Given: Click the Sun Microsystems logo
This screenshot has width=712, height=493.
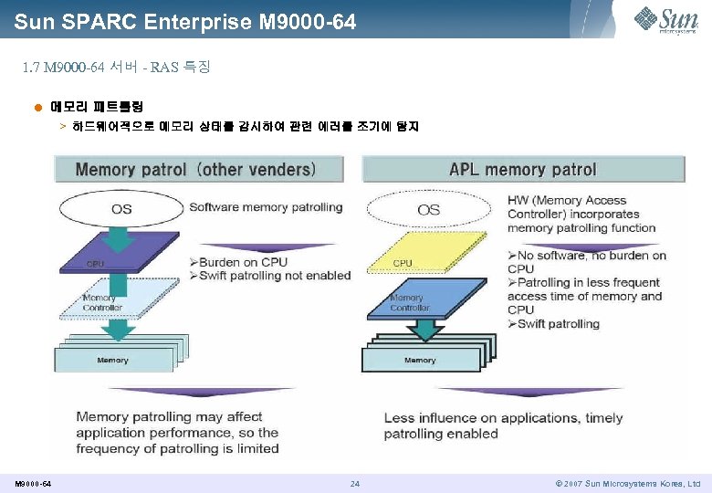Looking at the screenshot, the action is pos(666,19).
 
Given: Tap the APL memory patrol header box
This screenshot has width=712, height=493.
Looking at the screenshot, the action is pos(523,169).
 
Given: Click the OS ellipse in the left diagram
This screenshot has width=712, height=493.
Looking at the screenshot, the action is pos(121,209).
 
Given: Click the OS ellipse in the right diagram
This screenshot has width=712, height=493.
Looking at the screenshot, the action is pos(428,209).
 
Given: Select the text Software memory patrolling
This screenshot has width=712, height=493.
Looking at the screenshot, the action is pos(266,207).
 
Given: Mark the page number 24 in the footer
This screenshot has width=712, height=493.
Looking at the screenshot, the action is pos(355,483).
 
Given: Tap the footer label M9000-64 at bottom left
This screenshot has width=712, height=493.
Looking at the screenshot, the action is pos(33,483).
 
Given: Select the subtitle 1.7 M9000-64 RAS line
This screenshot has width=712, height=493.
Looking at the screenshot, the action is pos(117,67).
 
